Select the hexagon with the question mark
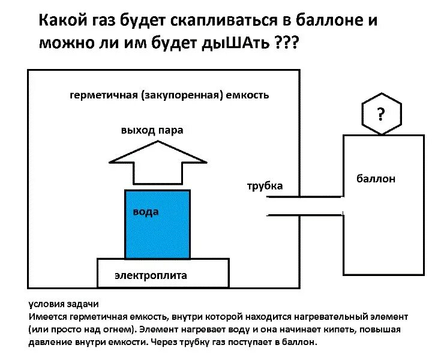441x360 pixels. pyautogui.click(x=381, y=113)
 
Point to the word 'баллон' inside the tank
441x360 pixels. pyautogui.click(x=376, y=179)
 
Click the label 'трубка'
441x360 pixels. pyautogui.click(x=265, y=186)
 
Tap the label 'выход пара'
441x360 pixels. pyautogui.click(x=152, y=130)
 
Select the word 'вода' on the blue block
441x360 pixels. pyautogui.click(x=146, y=212)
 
